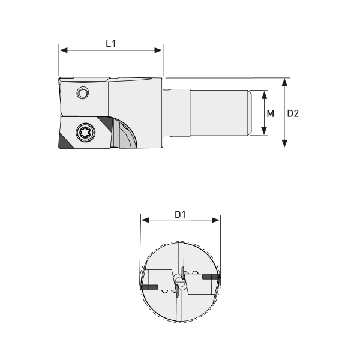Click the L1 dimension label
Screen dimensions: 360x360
click(x=111, y=43)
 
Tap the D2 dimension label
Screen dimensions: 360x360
click(x=293, y=113)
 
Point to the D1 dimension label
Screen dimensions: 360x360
click(x=181, y=214)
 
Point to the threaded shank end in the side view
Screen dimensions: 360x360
click(x=221, y=112)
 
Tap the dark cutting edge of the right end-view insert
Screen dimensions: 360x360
click(x=211, y=276)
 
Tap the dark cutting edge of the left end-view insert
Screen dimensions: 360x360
click(x=151, y=288)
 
